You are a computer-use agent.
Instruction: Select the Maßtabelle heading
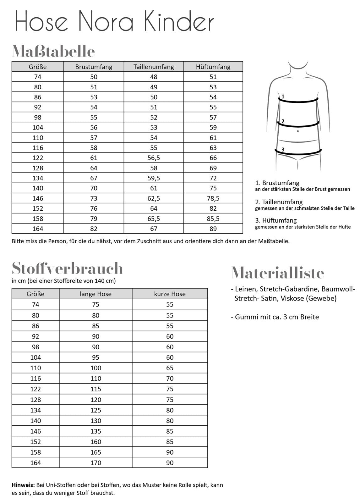coord(53,51)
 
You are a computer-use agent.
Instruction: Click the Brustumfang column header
coord(94,67)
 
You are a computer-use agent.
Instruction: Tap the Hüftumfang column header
coord(213,67)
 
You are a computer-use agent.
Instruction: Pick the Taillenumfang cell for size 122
coord(154,158)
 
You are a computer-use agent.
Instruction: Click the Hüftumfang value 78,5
coord(213,198)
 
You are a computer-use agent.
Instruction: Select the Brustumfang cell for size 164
coord(94,229)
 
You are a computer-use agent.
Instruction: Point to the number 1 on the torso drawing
coord(283,97)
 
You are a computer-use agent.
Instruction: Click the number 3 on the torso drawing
coord(283,150)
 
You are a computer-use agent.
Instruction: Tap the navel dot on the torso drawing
coord(297,131)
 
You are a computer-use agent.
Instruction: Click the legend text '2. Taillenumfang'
coord(279,202)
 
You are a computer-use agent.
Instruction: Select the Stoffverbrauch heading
coord(67,268)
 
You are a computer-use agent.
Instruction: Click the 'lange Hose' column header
coord(95,294)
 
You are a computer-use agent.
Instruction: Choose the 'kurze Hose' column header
coord(170,294)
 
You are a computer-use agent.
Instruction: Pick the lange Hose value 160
coord(95,442)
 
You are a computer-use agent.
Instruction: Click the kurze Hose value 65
coord(170,368)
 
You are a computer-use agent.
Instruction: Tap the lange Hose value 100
coord(95,368)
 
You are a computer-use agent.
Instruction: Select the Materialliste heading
coord(278,273)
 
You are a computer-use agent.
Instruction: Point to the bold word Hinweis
coord(23,485)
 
